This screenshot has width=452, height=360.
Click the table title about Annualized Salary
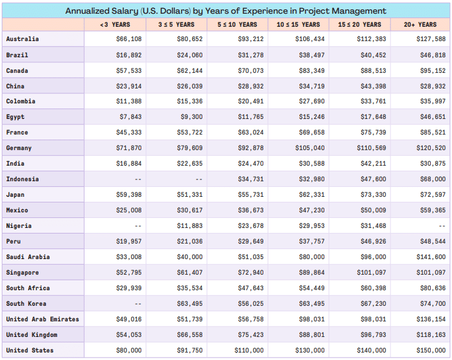click(x=225, y=11)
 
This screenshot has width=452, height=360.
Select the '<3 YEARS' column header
click(x=115, y=25)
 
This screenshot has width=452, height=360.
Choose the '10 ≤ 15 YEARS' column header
click(x=298, y=25)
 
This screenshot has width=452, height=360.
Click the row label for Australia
click(x=22, y=39)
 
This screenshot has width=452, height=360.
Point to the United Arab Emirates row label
click(x=42, y=320)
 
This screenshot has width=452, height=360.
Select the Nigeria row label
click(x=19, y=226)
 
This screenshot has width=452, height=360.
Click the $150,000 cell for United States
click(x=431, y=351)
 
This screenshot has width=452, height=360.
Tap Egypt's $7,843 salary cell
click(x=130, y=117)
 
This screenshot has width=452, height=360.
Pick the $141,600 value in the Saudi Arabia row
click(x=431, y=257)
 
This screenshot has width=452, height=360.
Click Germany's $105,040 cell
click(x=309, y=148)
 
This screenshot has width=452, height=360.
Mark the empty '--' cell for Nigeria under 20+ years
click(x=441, y=226)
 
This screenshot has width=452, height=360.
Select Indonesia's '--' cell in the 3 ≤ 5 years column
click(x=199, y=179)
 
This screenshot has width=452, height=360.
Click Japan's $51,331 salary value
click(x=190, y=195)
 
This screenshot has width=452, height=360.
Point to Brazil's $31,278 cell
click(x=250, y=55)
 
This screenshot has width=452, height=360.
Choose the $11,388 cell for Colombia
click(x=129, y=102)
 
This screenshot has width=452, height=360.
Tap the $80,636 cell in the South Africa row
click(x=433, y=288)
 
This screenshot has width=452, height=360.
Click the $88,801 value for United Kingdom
click(x=311, y=335)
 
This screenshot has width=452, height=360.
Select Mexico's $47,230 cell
click(x=311, y=211)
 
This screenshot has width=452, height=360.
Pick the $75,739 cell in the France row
click(x=372, y=133)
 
